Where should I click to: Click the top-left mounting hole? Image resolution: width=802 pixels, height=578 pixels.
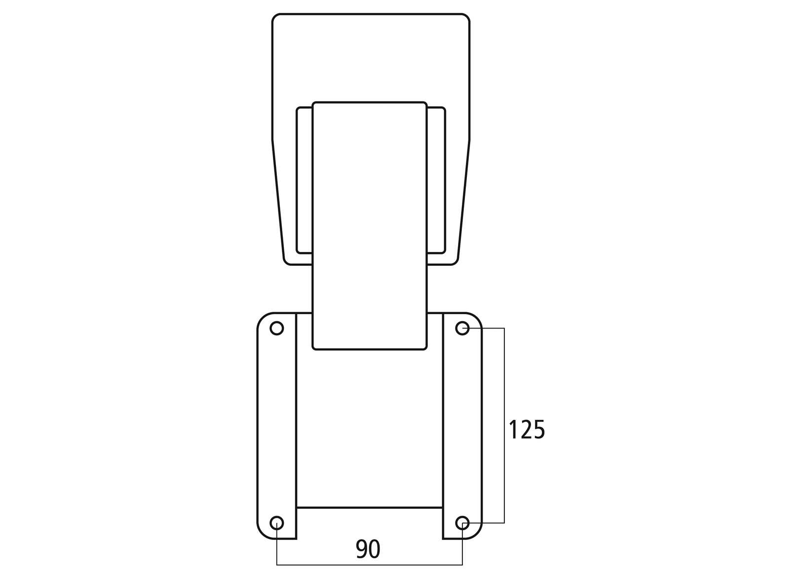(277, 328)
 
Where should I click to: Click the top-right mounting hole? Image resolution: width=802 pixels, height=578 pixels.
(462, 328)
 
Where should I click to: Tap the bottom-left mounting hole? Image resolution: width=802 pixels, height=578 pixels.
(277, 523)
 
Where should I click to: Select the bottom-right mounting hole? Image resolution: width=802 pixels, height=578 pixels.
(462, 523)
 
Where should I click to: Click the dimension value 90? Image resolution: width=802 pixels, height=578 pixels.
(368, 549)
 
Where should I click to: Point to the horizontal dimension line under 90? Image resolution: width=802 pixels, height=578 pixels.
(321, 565)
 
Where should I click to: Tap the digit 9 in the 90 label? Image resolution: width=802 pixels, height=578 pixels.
(362, 549)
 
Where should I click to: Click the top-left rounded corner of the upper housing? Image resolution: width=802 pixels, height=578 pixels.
(275, 16)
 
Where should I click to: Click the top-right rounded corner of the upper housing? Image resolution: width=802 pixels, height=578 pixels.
(467, 16)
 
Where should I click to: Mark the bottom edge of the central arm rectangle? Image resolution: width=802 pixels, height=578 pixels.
(369, 350)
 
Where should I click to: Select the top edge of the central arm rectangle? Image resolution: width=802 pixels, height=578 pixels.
(369, 102)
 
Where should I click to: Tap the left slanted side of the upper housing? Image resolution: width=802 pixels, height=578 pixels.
(278, 198)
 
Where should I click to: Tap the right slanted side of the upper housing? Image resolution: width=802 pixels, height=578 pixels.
(464, 198)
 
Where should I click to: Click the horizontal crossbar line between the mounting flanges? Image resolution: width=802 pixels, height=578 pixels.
(369, 507)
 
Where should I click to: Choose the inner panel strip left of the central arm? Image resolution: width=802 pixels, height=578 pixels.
(305, 180)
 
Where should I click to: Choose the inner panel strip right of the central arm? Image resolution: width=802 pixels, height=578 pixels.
(436, 180)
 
